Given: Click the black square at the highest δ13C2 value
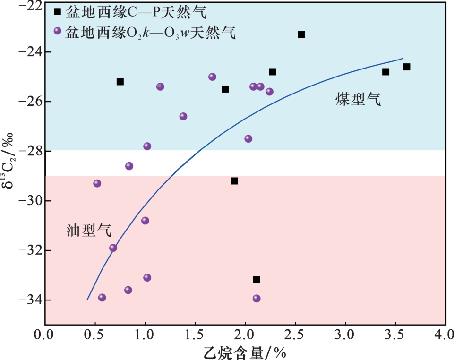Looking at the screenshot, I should pos(301,34).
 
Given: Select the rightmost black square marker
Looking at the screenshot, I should pos(407,67).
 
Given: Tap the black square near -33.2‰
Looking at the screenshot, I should pos(257,280).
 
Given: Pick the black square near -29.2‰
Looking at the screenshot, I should pos(234,181).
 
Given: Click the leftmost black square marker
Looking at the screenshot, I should pos(120,82).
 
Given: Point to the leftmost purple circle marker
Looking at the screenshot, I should pos(97,183).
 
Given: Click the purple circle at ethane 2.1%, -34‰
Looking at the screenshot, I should pos(257,298).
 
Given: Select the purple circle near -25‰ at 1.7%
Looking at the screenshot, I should pos(212,77).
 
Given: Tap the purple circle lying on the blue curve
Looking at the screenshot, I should pos(113,248).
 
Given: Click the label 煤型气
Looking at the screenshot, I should pos(358,99).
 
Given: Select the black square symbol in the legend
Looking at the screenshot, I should pos(58,12).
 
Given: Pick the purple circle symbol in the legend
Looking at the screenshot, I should pos(58,31).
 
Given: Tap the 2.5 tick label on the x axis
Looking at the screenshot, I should pos(295,336).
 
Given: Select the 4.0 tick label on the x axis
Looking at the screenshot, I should pos(445,336).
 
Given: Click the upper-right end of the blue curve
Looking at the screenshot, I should pos(403,59).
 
